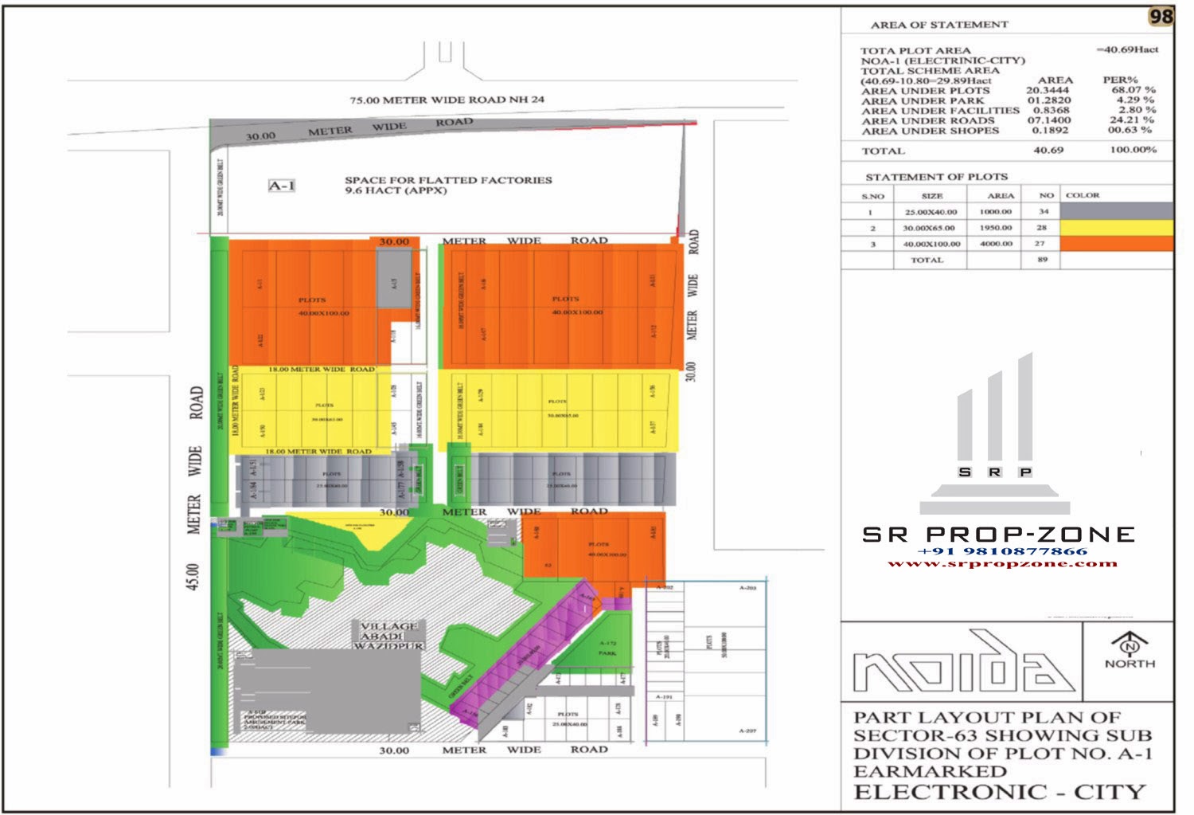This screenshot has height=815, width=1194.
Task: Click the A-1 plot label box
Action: (282, 186)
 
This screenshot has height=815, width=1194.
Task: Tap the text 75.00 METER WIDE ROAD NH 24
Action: (447, 100)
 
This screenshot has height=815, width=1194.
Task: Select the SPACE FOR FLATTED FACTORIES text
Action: (447, 180)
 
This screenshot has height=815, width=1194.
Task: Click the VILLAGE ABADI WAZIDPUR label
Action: (388, 636)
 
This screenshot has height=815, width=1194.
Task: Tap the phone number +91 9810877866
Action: (1001, 551)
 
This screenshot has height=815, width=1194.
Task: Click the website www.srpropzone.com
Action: (1001, 563)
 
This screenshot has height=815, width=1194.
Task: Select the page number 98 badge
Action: (1161, 17)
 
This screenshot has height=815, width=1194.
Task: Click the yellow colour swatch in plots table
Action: (1116, 227)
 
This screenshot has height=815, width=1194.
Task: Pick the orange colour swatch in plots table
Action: (1116, 244)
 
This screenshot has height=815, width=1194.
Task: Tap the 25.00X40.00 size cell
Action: (931, 212)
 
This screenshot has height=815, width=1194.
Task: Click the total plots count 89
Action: (1042, 260)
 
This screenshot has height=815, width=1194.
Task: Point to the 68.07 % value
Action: (1133, 90)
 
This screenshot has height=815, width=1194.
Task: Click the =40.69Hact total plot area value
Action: (1127, 49)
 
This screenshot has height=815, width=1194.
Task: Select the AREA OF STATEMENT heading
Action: (938, 25)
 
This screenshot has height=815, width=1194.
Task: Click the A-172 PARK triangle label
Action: (607, 648)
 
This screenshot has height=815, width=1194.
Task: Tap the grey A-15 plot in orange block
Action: (394, 279)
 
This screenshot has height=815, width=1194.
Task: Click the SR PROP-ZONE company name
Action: (999, 535)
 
